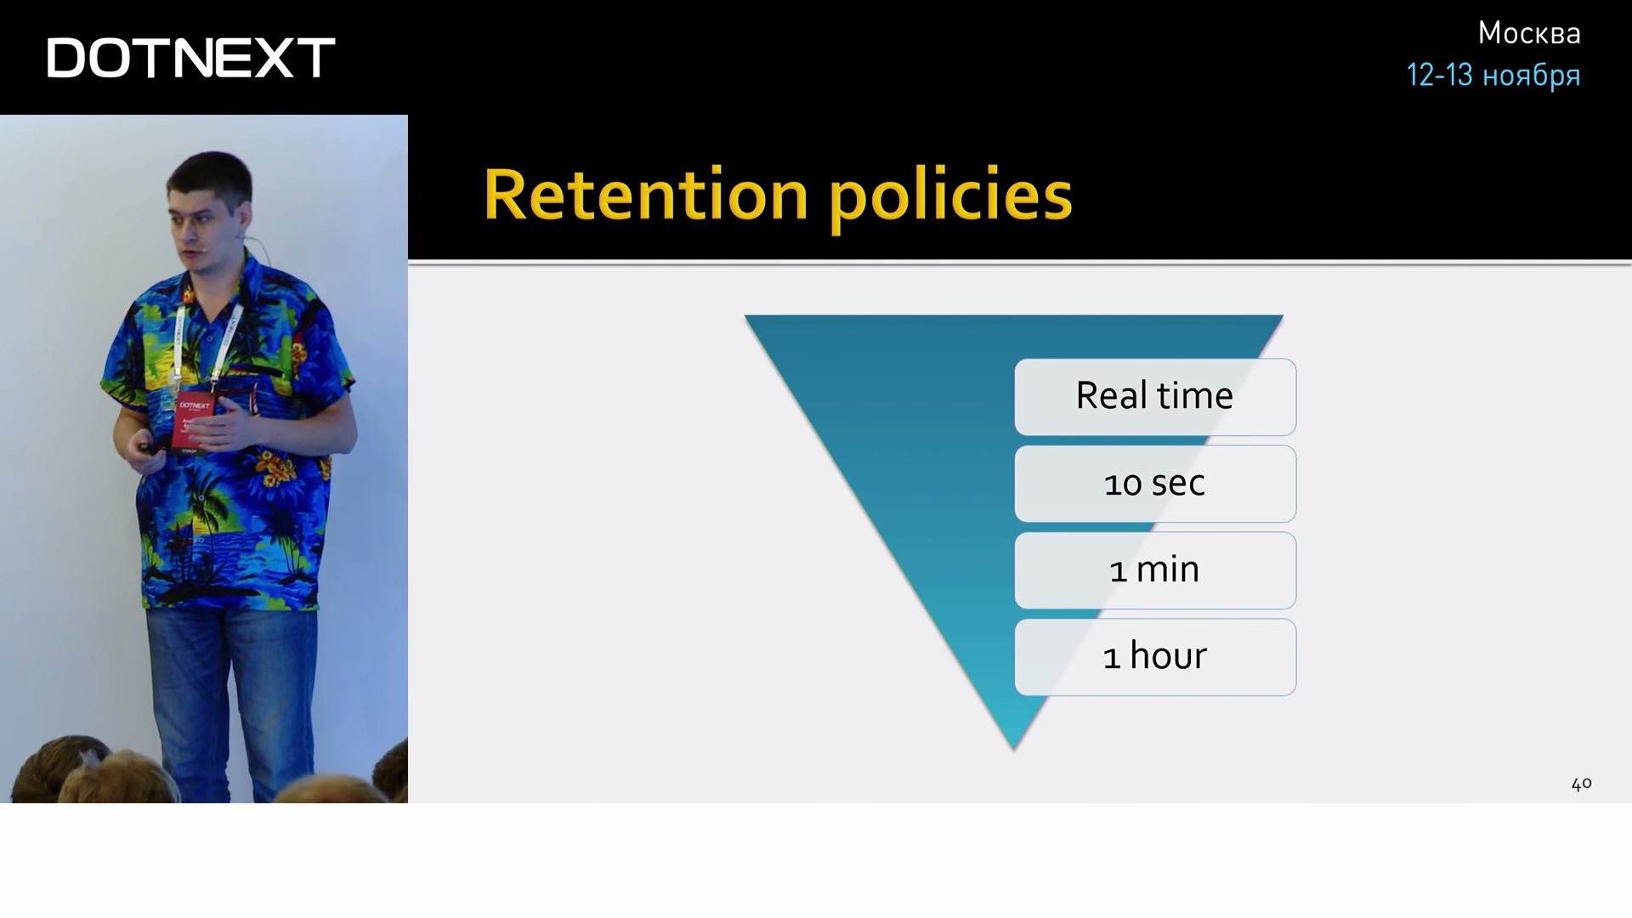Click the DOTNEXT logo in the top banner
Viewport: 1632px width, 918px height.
(x=190, y=58)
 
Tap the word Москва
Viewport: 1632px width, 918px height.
(x=1529, y=33)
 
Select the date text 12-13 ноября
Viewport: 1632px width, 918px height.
(x=1493, y=76)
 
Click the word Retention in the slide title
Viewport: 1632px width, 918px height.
(x=645, y=195)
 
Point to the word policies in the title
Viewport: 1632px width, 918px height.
(x=950, y=198)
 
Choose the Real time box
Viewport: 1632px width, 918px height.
(x=1155, y=397)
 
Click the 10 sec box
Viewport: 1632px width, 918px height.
(x=1155, y=484)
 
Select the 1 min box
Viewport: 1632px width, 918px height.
(x=1155, y=570)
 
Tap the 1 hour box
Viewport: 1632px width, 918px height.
(x=1155, y=657)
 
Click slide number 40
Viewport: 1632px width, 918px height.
(x=1581, y=784)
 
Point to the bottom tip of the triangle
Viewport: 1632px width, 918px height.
(x=1013, y=750)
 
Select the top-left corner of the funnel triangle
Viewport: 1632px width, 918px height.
(x=745, y=316)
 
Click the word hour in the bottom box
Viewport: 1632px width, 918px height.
(x=1168, y=655)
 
